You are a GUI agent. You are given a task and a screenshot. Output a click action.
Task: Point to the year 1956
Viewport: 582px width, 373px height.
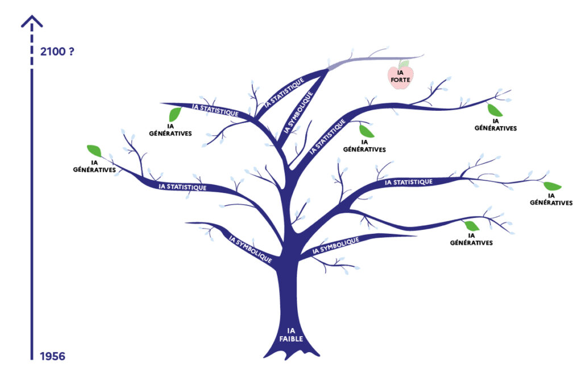pyautogui.click(x=52, y=356)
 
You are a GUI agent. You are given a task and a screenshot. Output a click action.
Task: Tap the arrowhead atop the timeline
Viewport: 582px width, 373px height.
pyautogui.click(x=32, y=22)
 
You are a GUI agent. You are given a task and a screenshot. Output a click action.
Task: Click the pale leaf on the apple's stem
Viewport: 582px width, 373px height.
pyautogui.click(x=404, y=64)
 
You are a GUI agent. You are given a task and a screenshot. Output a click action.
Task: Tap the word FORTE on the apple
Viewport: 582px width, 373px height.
pyautogui.click(x=400, y=80)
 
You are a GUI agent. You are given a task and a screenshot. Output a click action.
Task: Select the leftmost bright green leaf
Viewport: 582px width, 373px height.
pyautogui.click(x=94, y=151)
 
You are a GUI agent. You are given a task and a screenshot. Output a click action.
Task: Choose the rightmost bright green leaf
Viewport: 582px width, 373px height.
pyautogui.click(x=552, y=186)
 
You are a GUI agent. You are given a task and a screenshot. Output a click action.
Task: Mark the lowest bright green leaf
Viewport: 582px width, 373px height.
pyautogui.click(x=472, y=225)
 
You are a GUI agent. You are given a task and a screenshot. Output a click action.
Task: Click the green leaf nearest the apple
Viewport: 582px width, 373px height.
pyautogui.click(x=367, y=131)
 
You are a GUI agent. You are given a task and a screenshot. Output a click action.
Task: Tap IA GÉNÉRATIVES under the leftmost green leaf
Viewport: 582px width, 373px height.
pyautogui.click(x=94, y=166)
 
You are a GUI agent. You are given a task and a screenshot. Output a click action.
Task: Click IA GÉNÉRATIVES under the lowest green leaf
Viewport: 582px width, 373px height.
pyautogui.click(x=471, y=239)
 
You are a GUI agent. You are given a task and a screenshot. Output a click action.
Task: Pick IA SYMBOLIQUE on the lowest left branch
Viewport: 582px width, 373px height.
pyautogui.click(x=250, y=248)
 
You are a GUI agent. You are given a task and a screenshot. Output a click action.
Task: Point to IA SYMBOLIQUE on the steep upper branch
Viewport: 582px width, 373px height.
pyautogui.click(x=298, y=112)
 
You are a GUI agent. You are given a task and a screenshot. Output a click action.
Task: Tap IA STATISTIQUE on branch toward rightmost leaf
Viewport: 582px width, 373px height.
pyautogui.click(x=409, y=182)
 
